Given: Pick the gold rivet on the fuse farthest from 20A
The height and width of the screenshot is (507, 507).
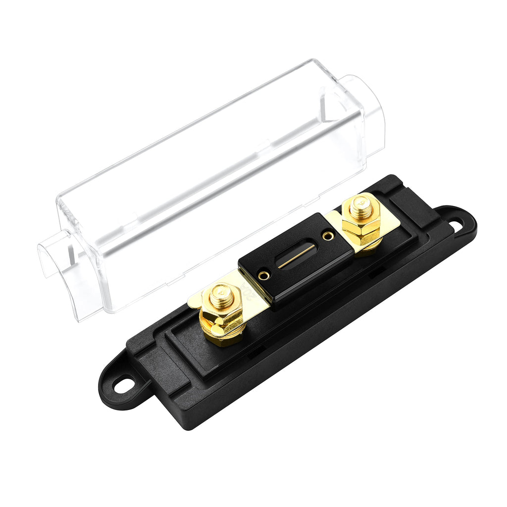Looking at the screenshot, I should [x=327, y=236].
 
